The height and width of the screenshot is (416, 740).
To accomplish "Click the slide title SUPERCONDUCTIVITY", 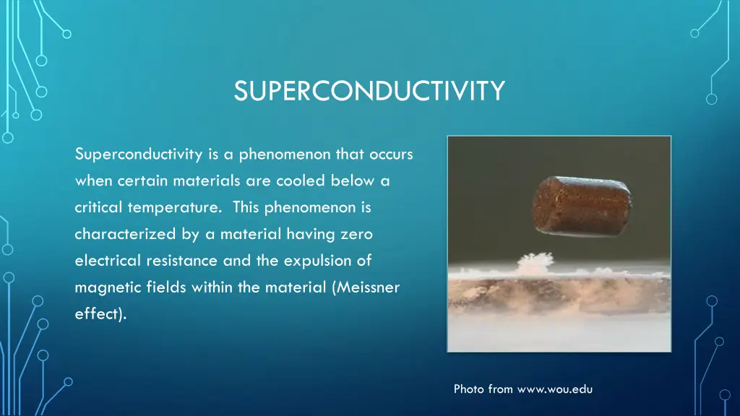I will pos(369,92).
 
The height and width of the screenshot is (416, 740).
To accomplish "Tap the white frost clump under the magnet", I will pos(534,261).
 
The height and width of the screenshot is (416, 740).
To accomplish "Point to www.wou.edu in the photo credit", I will pos(554,389).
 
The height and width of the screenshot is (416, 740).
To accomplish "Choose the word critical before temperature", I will pos(99,207).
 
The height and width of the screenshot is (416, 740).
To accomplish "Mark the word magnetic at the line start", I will pos(102,287).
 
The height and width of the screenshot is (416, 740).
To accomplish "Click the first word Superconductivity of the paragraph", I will pos(137,154).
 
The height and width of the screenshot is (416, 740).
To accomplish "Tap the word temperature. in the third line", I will pos(174,207).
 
